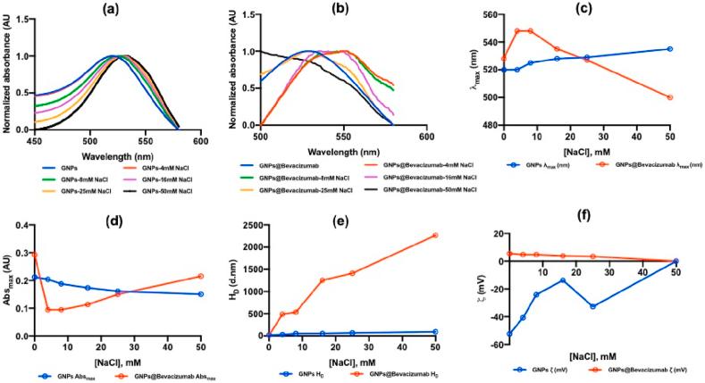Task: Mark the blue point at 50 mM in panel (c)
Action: pyautogui.click(x=669, y=49)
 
